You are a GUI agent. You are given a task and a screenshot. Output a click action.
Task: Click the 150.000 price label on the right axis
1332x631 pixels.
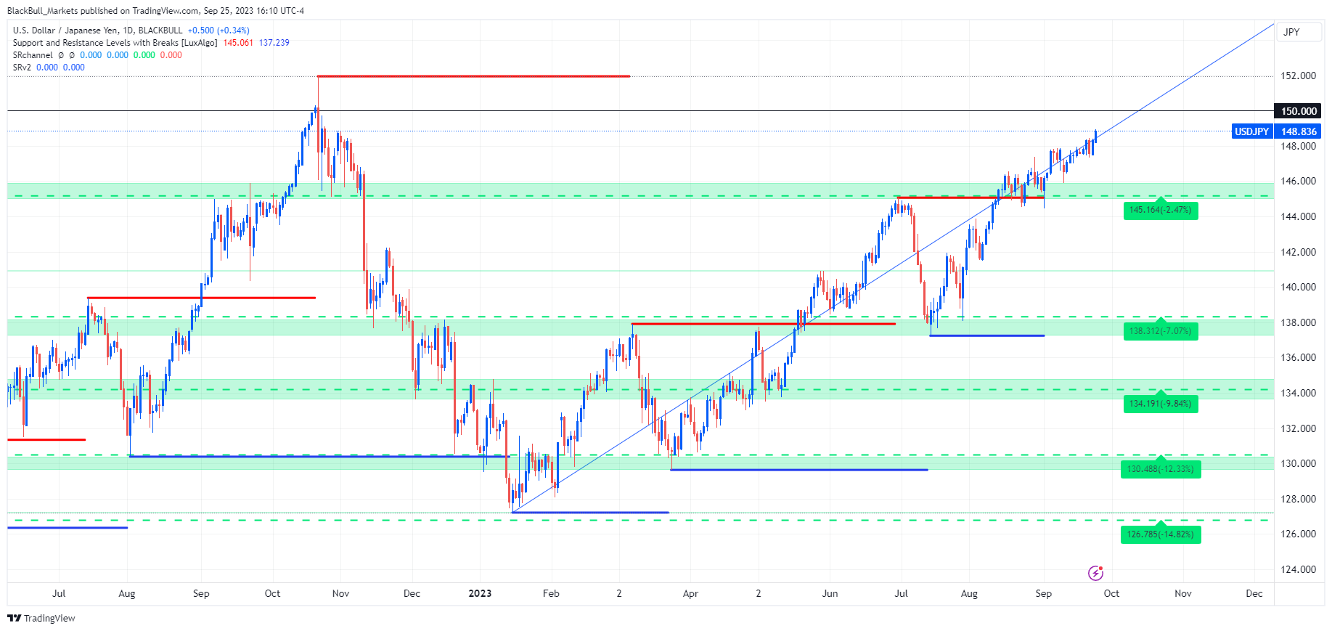click(x=1298, y=111)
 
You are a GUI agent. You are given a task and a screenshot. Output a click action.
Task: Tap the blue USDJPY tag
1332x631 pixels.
click(x=1252, y=131)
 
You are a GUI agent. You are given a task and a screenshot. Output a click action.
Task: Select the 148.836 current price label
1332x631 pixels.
click(x=1298, y=131)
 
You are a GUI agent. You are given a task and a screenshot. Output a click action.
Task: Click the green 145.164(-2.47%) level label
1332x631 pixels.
click(x=1160, y=210)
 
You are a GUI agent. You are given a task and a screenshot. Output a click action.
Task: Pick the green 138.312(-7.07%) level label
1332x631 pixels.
click(x=1160, y=331)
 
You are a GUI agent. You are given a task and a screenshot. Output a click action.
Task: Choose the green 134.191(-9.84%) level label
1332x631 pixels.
click(x=1160, y=404)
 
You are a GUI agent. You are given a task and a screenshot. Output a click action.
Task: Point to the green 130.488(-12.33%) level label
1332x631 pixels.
click(x=1160, y=469)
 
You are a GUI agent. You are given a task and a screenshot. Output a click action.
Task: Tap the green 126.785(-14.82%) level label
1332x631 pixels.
click(x=1160, y=534)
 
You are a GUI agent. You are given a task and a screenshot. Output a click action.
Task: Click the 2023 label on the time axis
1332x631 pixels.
click(x=480, y=593)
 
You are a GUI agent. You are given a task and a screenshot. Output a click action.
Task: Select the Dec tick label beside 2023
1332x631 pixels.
click(x=412, y=593)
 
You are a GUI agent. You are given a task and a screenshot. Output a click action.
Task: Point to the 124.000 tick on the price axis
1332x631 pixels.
click(x=1298, y=569)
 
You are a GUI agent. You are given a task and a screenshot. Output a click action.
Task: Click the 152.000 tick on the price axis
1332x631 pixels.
click(x=1298, y=76)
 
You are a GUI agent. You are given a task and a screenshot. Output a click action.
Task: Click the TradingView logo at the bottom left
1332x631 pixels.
click(x=41, y=618)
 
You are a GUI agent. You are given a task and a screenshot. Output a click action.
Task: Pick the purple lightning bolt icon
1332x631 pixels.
click(x=1095, y=573)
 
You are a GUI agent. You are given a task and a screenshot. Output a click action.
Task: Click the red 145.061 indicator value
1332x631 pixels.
click(x=238, y=43)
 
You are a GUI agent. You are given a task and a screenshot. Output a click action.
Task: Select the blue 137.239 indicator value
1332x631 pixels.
click(x=274, y=43)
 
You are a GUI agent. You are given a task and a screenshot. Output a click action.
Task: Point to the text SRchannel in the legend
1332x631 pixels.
click(x=33, y=55)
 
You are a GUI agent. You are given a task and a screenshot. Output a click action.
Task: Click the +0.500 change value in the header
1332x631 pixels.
click(x=201, y=30)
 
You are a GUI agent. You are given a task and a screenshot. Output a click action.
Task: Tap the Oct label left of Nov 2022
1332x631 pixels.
click(x=272, y=593)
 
